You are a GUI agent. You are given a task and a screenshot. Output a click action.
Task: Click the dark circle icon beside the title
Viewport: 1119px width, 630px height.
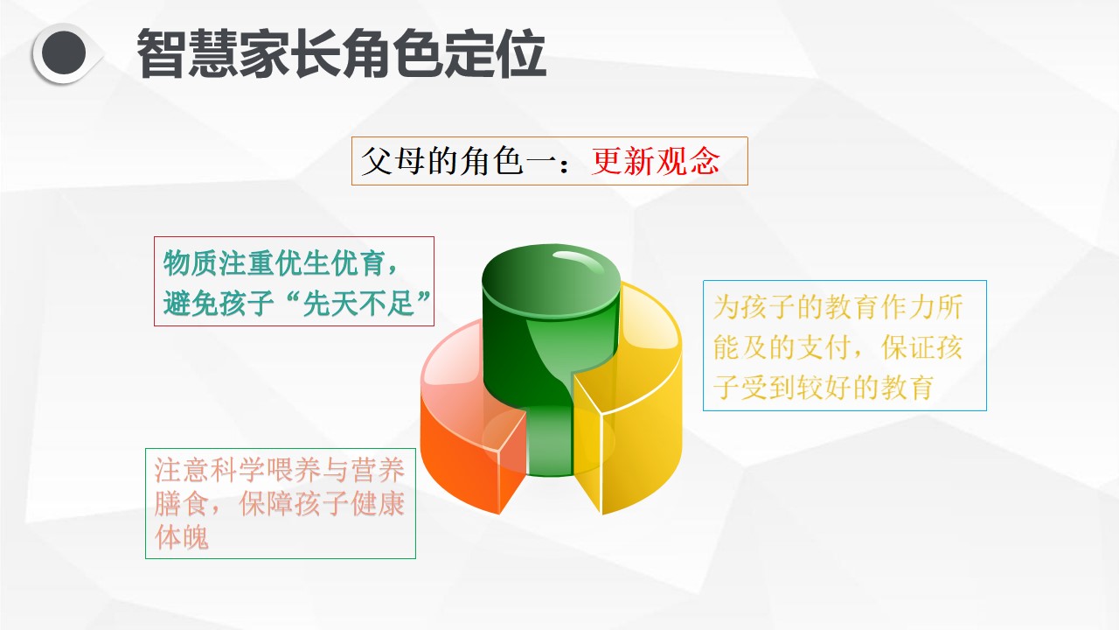coord(64,53)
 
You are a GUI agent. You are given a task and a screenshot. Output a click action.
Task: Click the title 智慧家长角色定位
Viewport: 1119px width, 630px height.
coord(341,53)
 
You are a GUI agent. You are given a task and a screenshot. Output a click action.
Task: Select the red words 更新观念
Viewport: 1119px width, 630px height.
coord(656,161)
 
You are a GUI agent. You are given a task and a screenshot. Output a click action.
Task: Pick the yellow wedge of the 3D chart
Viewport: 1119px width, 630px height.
coord(635,400)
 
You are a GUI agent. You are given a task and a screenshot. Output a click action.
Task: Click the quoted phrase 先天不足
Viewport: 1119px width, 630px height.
coord(358,303)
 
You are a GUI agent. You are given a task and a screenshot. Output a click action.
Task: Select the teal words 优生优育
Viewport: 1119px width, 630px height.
coord(330,263)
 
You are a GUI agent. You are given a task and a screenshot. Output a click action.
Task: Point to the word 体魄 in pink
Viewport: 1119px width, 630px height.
coord(181,537)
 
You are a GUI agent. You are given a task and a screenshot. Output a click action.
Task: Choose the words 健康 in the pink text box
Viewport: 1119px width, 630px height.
coord(377,503)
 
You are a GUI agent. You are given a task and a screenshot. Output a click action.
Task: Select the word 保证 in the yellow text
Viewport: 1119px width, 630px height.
coord(908,347)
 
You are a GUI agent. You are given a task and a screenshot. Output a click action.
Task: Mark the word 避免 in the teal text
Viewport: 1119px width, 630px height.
coord(191,303)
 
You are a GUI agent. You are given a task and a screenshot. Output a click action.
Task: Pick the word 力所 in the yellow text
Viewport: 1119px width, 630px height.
coord(935,306)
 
